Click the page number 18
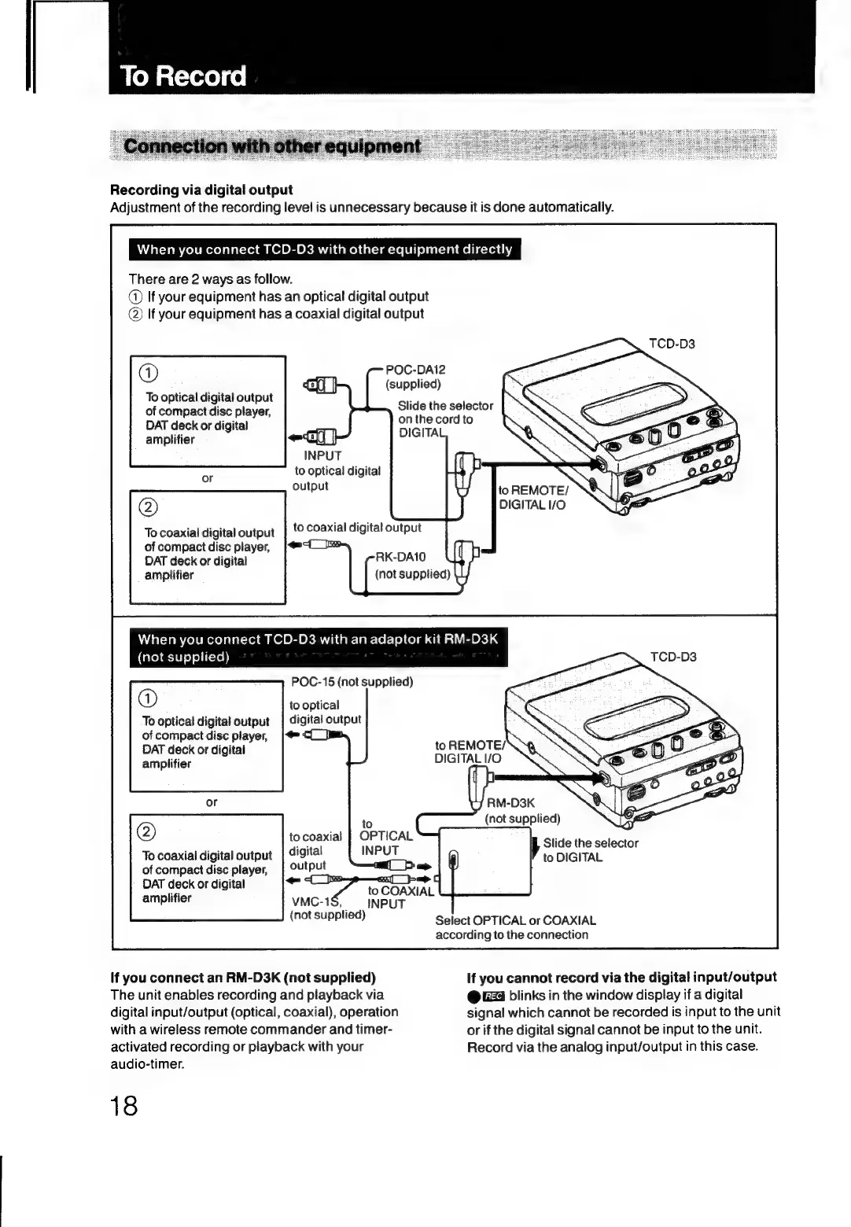[124, 1106]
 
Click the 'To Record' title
[183, 76]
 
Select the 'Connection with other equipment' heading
[273, 146]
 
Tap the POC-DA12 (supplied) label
[414, 377]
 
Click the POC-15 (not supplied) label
[352, 681]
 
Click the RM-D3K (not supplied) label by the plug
[521, 810]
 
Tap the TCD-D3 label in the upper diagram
[671, 344]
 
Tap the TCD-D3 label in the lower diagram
[673, 657]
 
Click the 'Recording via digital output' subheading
[201, 190]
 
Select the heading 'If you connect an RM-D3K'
[243, 977]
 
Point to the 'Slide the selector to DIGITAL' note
[590, 850]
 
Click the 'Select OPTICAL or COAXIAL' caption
[515, 927]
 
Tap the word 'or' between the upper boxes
[208, 478]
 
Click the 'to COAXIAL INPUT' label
[400, 897]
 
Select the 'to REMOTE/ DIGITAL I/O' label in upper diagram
[532, 497]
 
